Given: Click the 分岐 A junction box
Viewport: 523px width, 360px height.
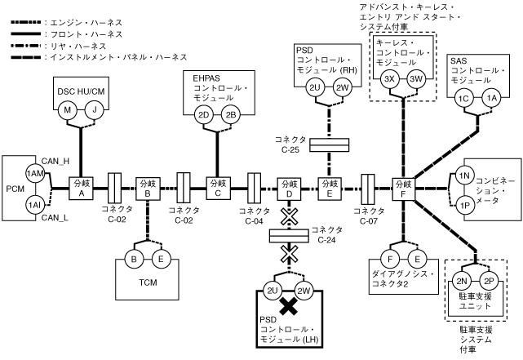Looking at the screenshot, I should tap(81, 189).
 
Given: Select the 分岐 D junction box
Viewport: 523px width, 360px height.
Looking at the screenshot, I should tap(289, 189).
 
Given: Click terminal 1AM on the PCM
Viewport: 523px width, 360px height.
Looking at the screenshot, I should tap(34, 174).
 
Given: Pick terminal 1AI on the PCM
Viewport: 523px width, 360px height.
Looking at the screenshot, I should tap(34, 203).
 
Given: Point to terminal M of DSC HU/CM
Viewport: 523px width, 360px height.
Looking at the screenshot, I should tap(69, 110).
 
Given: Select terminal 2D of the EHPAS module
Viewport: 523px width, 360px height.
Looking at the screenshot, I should tap(205, 114).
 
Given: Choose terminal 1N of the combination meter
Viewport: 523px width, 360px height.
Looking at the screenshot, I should tap(463, 176).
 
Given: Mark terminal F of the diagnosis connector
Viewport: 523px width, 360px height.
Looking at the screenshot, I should tap(391, 259).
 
